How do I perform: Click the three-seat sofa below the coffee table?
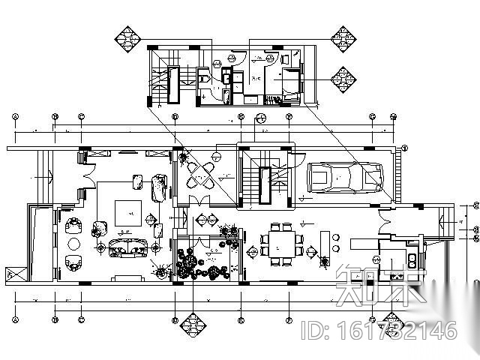click(x=127, y=247)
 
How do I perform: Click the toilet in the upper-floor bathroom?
click(x=205, y=77)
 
